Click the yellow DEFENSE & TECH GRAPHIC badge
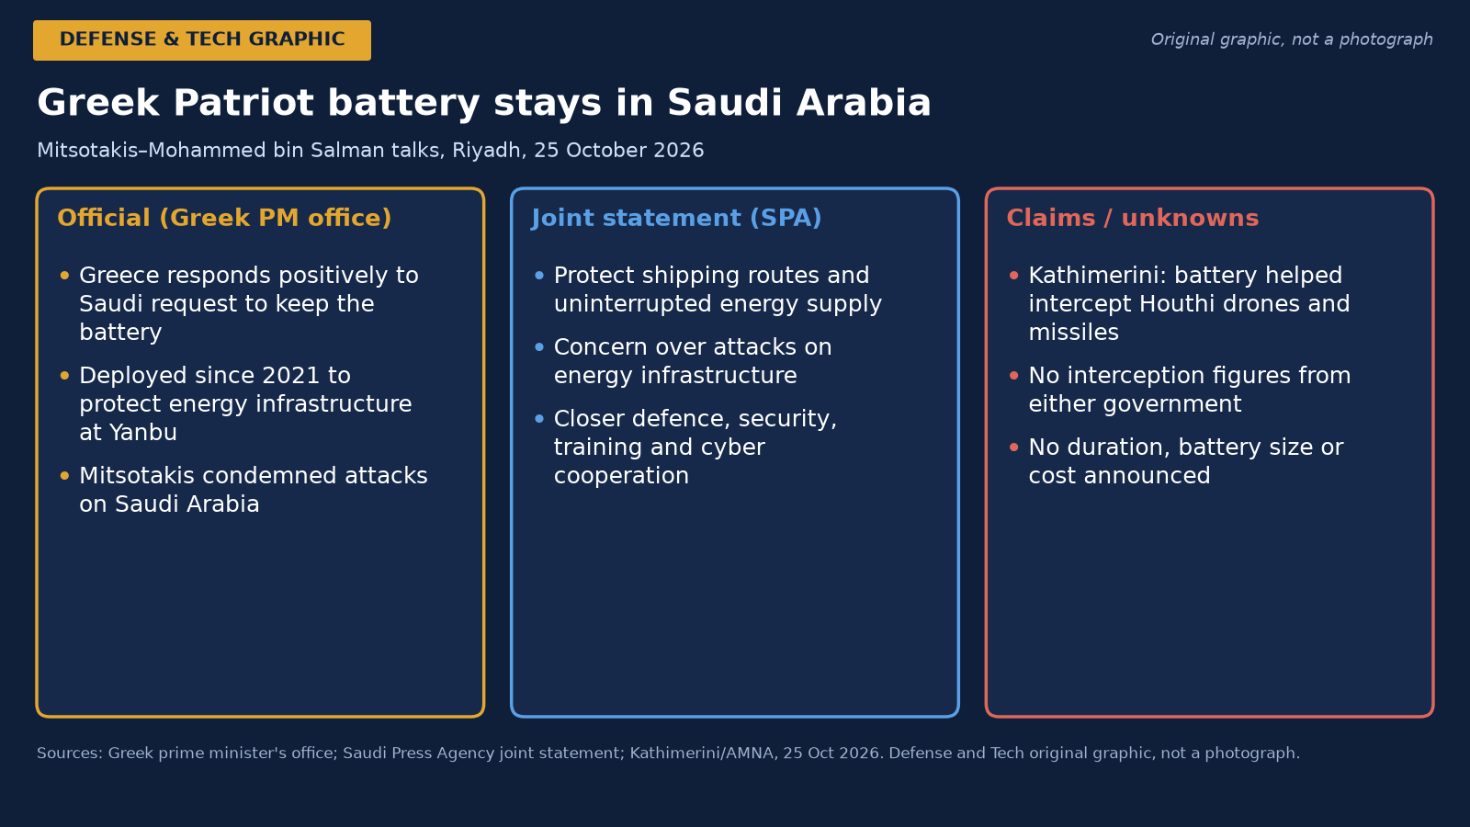tap(202, 40)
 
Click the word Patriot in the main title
tap(243, 103)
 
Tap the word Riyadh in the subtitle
tap(486, 151)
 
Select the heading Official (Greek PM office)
tap(224, 218)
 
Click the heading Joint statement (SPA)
tap(676, 218)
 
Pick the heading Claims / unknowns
tap(1133, 218)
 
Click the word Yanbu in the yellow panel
tap(143, 433)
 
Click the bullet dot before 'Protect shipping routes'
tap(539, 276)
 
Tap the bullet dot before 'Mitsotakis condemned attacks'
tap(64, 476)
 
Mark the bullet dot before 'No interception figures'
tap(1014, 376)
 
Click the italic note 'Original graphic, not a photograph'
tap(1292, 40)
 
